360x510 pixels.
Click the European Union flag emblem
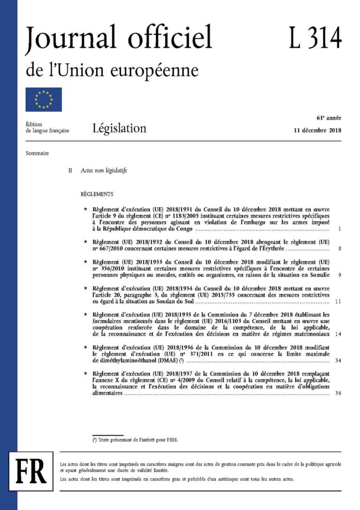point(44,99)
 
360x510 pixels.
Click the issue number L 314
point(315,38)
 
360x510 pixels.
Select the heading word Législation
point(119,128)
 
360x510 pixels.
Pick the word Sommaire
point(38,153)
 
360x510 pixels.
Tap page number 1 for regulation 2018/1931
point(339,229)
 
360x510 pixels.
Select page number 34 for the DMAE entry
point(337,360)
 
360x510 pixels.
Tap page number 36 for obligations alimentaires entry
point(337,393)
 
